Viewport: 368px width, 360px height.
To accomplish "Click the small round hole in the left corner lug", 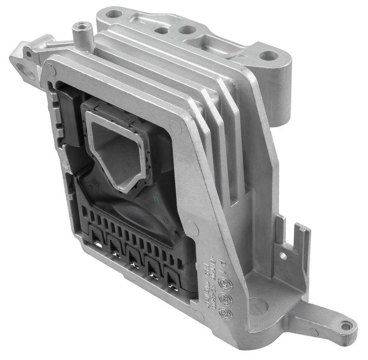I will click(29, 53).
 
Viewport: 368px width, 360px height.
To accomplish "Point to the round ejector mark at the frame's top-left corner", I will click(50, 70).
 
